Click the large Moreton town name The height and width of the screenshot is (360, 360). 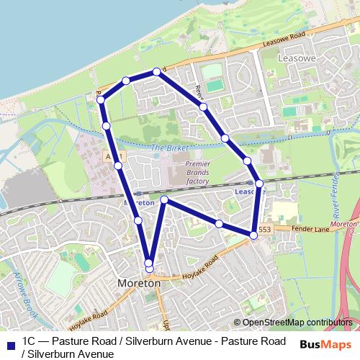[x=139, y=284]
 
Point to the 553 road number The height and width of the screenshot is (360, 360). [x=264, y=230]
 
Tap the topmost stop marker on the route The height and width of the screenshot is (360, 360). [x=156, y=71]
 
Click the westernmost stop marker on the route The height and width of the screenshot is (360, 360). [x=101, y=99]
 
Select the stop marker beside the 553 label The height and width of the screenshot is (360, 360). [x=253, y=235]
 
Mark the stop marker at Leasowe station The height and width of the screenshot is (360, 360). [x=259, y=184]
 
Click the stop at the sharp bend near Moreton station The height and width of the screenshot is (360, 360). [x=164, y=199]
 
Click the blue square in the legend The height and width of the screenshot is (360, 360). [x=9, y=343]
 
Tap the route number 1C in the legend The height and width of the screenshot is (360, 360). [x=30, y=340]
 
